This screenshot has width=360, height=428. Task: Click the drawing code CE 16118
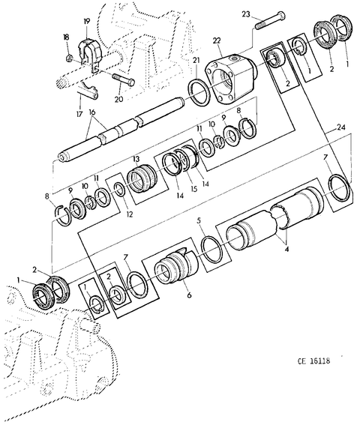pos(313,361)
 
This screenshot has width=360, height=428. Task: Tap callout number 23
pos(246,14)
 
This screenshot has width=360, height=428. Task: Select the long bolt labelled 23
pos(270,20)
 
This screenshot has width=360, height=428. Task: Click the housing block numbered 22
pos(231,79)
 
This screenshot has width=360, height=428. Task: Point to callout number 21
pos(196,60)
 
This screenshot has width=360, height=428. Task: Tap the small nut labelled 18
pos(70,57)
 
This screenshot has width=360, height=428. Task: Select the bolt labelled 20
pos(123,79)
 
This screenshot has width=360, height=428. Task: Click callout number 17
pos(79,113)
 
